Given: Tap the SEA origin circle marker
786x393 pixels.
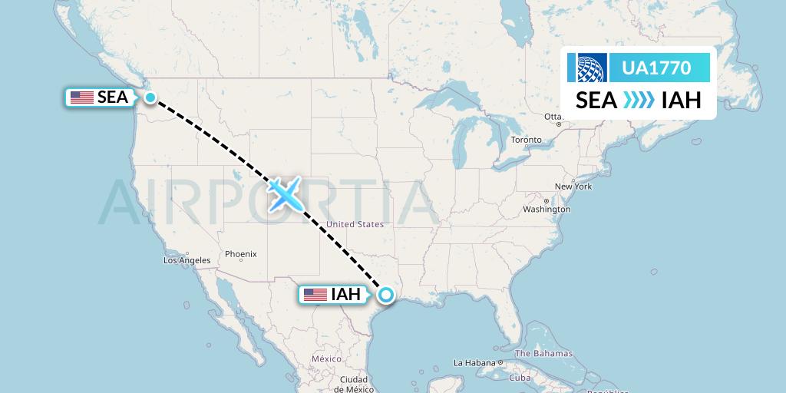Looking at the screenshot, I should point(150,97).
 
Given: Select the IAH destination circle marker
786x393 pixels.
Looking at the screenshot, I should point(385,294).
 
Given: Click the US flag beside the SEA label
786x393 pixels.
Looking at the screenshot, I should point(81,97).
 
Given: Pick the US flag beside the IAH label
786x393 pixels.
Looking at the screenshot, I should point(315,295).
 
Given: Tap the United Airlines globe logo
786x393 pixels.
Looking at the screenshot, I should point(587,68).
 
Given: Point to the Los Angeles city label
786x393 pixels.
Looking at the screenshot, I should point(187,260).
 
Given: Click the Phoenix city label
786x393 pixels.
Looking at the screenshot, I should point(240,254).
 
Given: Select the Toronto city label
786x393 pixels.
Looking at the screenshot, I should point(527,140).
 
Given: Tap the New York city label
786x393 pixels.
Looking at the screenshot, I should point(573,187).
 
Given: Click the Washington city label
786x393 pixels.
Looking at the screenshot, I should point(547,209).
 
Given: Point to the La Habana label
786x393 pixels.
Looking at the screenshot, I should point(474,362).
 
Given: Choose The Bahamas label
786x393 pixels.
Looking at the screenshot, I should point(543,354).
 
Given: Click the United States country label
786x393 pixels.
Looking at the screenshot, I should point(355,224).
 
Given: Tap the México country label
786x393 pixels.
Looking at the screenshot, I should point(325,359).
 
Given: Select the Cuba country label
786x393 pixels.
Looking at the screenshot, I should point(520,378).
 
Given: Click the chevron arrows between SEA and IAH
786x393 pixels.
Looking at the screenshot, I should point(639,100).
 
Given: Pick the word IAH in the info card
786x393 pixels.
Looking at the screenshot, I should point(682,100).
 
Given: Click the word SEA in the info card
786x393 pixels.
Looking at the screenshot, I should point(596,100).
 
